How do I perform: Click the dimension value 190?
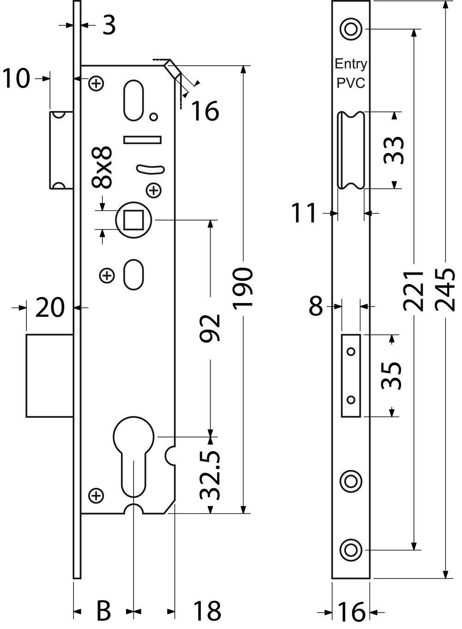pyautogui.click(x=243, y=289)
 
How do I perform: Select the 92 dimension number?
pyautogui.click(x=210, y=328)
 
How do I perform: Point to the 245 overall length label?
pyautogui.click(x=445, y=290)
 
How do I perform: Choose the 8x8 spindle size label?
pyautogui.click(x=102, y=167)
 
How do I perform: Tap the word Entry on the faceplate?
pyautogui.click(x=351, y=65)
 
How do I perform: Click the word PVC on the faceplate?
pyautogui.click(x=351, y=83)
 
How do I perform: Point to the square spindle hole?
pyautogui.click(x=134, y=220)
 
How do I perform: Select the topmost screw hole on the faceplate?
pyautogui.click(x=351, y=29)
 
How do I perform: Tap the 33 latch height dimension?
pyautogui.click(x=394, y=150)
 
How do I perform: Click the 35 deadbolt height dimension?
pyautogui.click(x=391, y=376)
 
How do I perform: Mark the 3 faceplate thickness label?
pyautogui.click(x=109, y=25)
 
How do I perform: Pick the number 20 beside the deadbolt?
pyautogui.click(x=50, y=308)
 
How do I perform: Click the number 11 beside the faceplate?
pyautogui.click(x=304, y=213)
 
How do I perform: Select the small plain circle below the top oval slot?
pyautogui.click(x=153, y=117)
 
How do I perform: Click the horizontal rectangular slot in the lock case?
pyautogui.click(x=142, y=140)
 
